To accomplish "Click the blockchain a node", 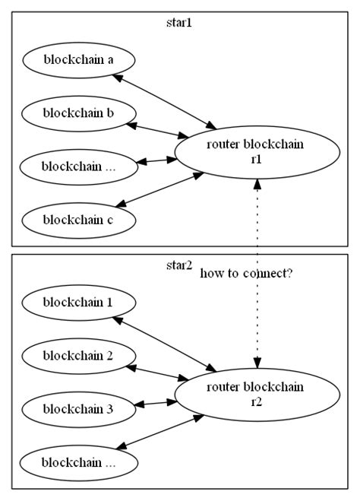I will (x=79, y=59).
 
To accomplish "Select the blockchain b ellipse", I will (x=79, y=113).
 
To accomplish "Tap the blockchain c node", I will (x=79, y=220).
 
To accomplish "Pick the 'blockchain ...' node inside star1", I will (x=79, y=166).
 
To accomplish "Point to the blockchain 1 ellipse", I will (x=79, y=302).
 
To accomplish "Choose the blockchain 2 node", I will (x=79, y=355).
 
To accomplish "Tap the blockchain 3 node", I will (x=79, y=409).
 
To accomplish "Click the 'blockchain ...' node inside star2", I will (x=79, y=462).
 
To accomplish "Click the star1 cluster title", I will (x=179, y=22).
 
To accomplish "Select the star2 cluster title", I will (x=179, y=265).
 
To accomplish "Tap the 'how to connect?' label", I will (x=246, y=273).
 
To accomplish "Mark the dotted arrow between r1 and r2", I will (x=257, y=228).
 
